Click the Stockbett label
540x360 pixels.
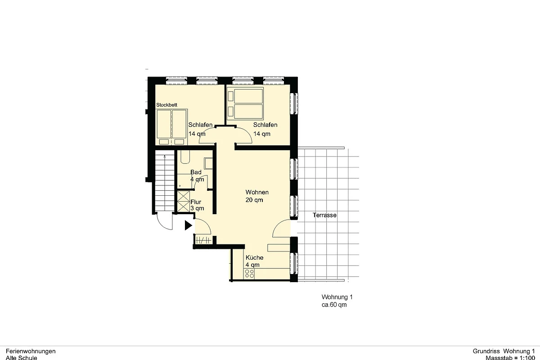[166, 105]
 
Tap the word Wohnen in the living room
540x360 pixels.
[257, 192]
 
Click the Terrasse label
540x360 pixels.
[324, 215]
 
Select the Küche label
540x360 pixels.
[254, 257]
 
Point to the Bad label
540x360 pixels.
[196, 172]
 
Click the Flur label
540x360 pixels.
[196, 202]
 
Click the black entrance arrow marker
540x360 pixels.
[188, 225]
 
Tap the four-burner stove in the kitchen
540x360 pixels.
[249, 274]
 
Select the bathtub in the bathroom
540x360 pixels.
[185, 157]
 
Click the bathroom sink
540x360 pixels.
[208, 164]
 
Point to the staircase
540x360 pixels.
[165, 181]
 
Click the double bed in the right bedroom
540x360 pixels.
[245, 103]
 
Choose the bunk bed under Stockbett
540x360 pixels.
[172, 127]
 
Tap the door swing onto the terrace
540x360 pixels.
[281, 229]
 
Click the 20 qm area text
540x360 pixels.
[254, 200]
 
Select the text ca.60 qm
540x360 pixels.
[334, 305]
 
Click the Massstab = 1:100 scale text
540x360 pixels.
[510, 358]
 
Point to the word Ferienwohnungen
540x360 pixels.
[31, 351]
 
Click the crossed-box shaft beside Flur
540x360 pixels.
[184, 201]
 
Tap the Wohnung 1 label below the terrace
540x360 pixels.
[337, 297]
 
